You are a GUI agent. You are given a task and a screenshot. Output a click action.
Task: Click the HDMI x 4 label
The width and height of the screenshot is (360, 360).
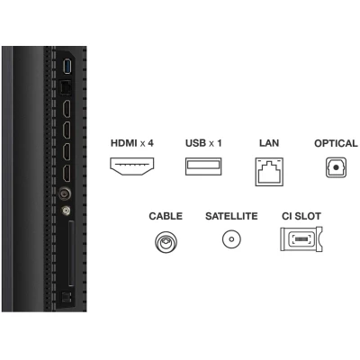click(x=132, y=143)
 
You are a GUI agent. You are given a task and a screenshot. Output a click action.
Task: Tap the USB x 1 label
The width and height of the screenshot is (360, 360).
click(x=203, y=143)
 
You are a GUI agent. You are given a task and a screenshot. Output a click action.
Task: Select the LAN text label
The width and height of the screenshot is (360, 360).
click(x=269, y=143)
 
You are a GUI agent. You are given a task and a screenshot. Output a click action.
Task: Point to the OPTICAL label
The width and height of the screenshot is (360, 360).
click(x=336, y=143)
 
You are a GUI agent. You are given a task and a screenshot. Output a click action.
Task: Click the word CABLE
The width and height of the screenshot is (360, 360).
click(x=166, y=216)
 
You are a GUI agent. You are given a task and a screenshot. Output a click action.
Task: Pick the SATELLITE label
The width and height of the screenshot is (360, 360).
click(x=231, y=216)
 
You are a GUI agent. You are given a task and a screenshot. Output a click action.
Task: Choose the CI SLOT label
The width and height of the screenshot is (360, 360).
click(x=301, y=216)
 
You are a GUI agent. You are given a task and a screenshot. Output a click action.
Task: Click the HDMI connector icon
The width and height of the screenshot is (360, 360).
click(x=132, y=166)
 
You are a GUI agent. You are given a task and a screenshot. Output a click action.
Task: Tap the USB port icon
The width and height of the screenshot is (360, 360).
click(x=203, y=166)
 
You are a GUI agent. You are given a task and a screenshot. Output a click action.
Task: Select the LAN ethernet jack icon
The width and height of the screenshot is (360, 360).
click(x=269, y=172)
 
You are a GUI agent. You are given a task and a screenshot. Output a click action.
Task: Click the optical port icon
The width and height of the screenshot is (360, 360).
click(x=336, y=167)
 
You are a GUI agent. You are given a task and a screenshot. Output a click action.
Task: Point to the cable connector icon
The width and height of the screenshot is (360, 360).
click(x=166, y=242)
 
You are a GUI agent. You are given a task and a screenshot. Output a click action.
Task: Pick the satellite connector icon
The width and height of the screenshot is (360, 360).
click(x=231, y=239)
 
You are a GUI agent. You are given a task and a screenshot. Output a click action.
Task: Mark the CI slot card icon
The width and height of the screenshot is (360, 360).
click(x=301, y=239)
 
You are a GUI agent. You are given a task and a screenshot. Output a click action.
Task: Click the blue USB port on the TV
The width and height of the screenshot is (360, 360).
click(x=67, y=67)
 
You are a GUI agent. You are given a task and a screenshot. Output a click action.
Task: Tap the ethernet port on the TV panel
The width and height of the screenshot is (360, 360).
click(x=65, y=88)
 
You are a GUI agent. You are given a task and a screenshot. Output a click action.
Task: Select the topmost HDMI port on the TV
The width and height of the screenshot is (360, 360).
click(x=67, y=109)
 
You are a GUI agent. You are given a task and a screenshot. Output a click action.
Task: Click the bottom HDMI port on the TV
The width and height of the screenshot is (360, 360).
click(x=67, y=174)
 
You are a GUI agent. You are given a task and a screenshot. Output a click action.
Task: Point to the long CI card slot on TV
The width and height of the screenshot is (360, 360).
click(x=71, y=253)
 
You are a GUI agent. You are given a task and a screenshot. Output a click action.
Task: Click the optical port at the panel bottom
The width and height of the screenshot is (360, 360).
click(x=66, y=297)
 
